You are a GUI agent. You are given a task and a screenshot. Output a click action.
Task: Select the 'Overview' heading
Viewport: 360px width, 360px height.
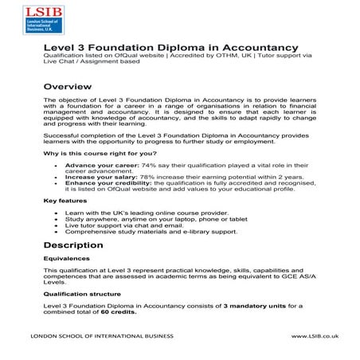click(x=69, y=85)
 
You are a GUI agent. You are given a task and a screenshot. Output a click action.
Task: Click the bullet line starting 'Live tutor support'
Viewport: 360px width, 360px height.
click(x=130, y=225)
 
